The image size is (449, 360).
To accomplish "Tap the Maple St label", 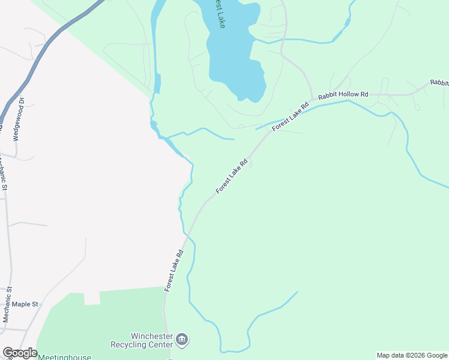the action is click(x=25, y=304).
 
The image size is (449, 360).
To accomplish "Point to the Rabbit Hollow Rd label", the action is click(x=343, y=95).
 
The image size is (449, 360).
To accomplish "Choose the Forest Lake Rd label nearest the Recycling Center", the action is click(x=173, y=270).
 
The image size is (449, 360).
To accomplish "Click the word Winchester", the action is click(x=152, y=336).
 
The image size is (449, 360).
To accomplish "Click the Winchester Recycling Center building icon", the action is click(x=182, y=341).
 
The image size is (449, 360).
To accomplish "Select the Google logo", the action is click(x=20, y=353).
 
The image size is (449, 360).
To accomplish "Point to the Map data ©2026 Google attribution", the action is click(x=412, y=355).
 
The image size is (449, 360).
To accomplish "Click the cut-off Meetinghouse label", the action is click(x=64, y=357).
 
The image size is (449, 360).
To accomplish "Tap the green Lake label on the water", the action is click(x=221, y=19).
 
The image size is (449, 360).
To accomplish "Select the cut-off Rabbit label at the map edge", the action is click(x=439, y=83).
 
